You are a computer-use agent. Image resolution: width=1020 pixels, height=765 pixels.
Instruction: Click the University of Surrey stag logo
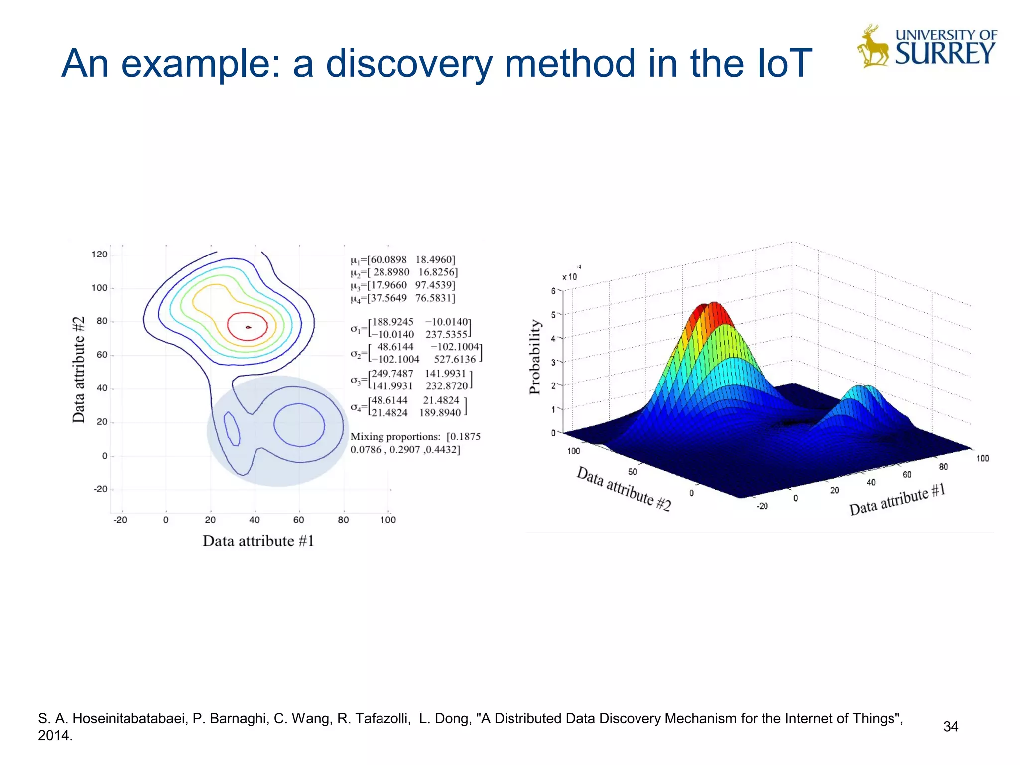click(873, 46)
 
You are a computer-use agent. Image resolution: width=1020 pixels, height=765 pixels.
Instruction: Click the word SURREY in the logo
click(945, 54)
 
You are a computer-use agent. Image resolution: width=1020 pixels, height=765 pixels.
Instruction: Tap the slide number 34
click(950, 727)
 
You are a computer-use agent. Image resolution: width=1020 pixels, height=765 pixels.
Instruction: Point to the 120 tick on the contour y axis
click(99, 255)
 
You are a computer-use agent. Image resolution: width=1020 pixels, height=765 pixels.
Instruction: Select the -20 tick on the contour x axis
click(120, 520)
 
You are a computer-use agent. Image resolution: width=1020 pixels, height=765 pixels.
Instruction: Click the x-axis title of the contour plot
click(258, 541)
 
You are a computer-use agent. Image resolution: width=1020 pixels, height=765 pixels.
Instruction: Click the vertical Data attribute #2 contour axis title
click(79, 370)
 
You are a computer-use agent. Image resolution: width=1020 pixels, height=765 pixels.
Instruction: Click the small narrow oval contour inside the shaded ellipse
click(232, 429)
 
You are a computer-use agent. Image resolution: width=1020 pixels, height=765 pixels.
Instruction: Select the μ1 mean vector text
click(403, 260)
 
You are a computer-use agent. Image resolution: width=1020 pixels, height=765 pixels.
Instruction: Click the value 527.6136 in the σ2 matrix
click(454, 359)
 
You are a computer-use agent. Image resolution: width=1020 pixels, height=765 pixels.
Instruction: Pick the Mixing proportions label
click(395, 437)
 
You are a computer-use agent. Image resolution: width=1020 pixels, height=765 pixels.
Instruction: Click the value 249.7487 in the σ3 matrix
click(392, 374)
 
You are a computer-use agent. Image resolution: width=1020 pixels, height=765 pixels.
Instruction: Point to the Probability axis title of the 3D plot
click(535, 357)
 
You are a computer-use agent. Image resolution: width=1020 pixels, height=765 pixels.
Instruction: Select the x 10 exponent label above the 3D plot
click(570, 277)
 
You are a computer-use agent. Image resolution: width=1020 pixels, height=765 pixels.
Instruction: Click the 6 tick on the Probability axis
click(553, 291)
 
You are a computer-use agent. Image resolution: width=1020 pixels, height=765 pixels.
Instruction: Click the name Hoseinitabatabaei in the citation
click(130, 719)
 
